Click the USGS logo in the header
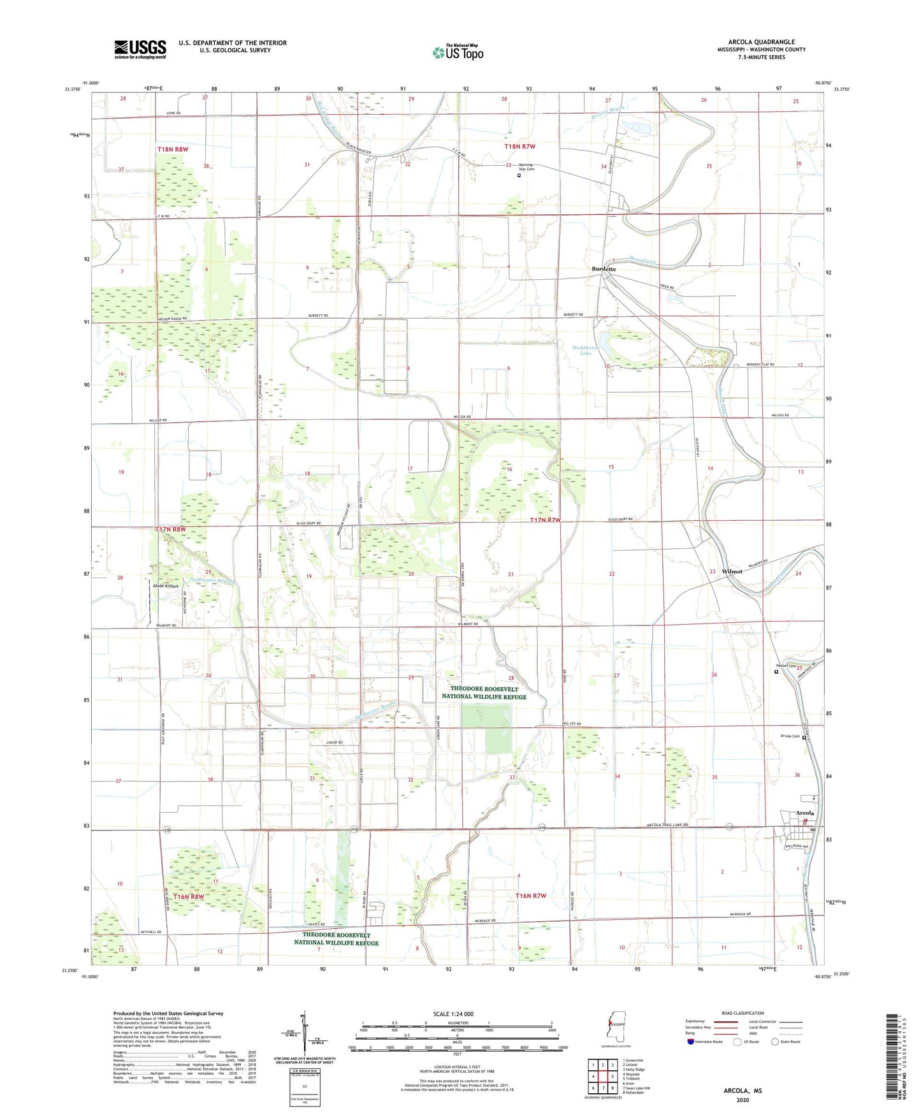(140, 49)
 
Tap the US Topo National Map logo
(458, 52)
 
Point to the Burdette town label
(604, 269)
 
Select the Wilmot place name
(732, 571)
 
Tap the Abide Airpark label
(164, 585)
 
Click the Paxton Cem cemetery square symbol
(776, 671)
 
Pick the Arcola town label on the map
(805, 813)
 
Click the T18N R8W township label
(173, 149)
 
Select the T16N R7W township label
(530, 896)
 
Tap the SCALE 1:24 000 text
(453, 1014)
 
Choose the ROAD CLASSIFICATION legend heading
(743, 1013)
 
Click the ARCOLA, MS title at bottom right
(743, 1091)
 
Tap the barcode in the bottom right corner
(894, 1057)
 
